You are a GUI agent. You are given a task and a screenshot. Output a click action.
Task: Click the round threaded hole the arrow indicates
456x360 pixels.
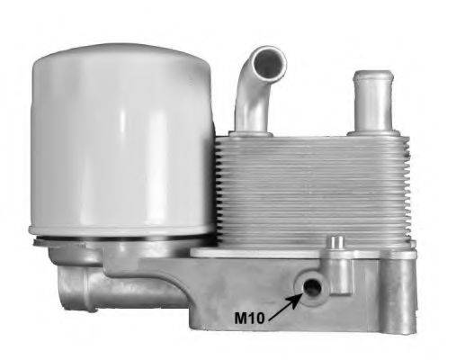(x=312, y=287)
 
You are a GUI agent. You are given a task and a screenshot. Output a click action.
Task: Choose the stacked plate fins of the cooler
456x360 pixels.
(x=310, y=189)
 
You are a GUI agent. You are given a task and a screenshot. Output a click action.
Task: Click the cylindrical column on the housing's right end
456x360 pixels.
(x=400, y=292)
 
